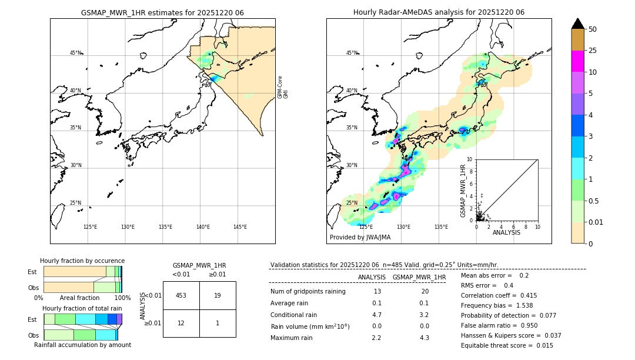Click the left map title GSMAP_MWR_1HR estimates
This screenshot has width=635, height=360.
[x=162, y=12]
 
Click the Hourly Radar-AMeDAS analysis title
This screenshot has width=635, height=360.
[x=439, y=12]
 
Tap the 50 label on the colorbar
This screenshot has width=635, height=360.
[x=593, y=29]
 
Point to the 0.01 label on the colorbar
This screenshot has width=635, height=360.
[x=596, y=222]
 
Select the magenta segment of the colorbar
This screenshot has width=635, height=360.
[x=577, y=61]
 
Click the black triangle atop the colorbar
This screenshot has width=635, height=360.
[x=577, y=24]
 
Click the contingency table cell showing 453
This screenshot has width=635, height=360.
[x=181, y=295]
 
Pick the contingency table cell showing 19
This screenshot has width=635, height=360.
[x=218, y=295]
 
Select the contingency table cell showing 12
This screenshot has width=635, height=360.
[x=181, y=323]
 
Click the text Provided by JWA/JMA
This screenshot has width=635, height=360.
[x=360, y=237]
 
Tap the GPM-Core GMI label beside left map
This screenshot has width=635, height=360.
[x=283, y=86]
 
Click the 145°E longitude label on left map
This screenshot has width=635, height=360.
[x=240, y=227]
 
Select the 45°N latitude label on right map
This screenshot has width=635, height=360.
[x=351, y=53]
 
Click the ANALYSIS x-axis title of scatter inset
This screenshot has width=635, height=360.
[x=506, y=232]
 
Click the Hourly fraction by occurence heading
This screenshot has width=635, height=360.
[x=82, y=261]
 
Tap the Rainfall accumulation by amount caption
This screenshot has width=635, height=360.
[x=82, y=345]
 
